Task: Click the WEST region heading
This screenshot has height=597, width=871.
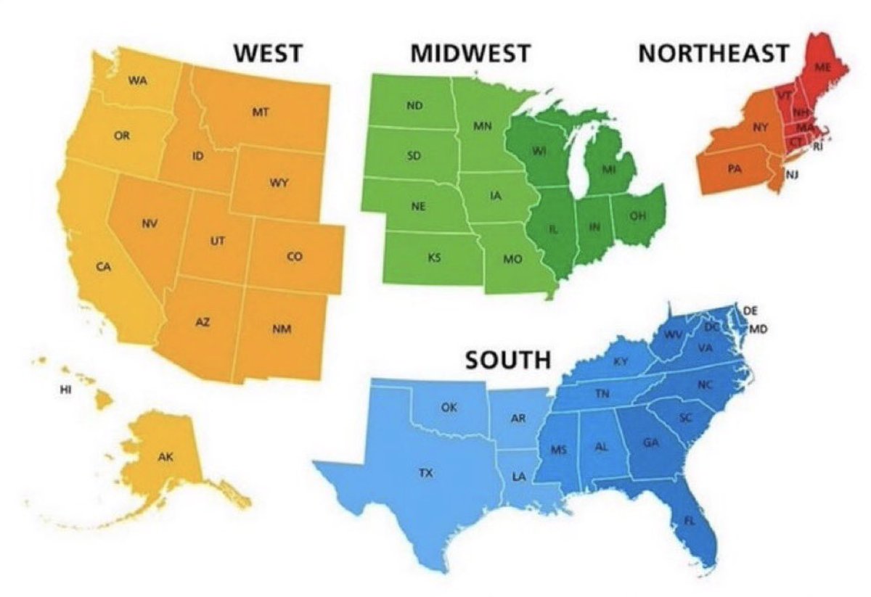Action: [x=267, y=54]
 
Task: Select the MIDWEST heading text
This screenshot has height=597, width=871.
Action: [x=470, y=54]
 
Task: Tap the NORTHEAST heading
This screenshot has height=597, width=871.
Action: [x=713, y=54]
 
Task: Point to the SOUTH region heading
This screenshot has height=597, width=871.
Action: [x=508, y=359]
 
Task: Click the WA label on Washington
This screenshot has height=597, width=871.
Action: [x=138, y=80]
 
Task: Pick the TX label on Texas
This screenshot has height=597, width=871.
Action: [x=426, y=473]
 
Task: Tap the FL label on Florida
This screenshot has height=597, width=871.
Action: [x=690, y=521]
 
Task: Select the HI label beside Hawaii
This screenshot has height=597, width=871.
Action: [x=66, y=390]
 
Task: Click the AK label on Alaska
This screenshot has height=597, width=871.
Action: [x=166, y=457]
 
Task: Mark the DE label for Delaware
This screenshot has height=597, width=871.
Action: [x=751, y=310]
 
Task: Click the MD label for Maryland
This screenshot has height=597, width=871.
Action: [x=758, y=329]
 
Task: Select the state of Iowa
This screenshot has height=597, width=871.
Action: [x=496, y=197]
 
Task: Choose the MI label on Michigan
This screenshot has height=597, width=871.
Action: [x=610, y=169]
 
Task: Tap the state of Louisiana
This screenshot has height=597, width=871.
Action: [x=519, y=477]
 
